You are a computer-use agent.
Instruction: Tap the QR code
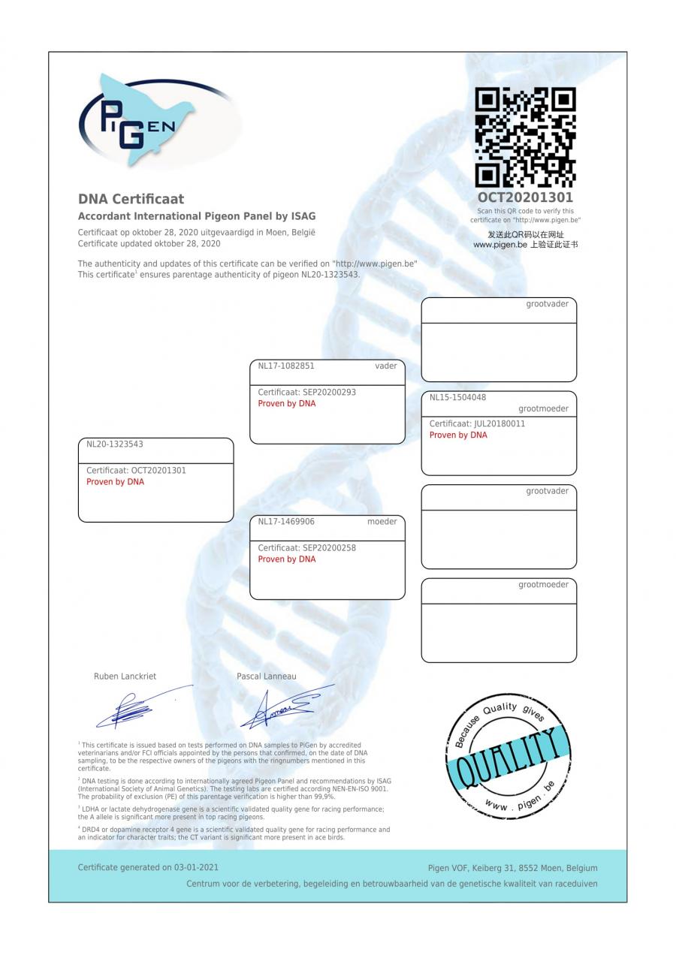(x=525, y=137)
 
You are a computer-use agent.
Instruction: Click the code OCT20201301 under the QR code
(x=525, y=197)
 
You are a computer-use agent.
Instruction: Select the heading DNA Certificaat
(x=131, y=199)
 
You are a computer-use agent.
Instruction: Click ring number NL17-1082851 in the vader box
(x=286, y=366)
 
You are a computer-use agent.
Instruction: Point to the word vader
(x=385, y=366)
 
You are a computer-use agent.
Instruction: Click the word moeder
(x=382, y=522)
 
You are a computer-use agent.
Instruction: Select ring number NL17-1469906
(x=286, y=522)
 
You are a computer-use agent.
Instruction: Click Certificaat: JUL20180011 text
(x=477, y=424)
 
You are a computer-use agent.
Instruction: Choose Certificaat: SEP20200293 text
(x=306, y=393)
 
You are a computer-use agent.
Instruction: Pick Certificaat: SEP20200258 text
(x=306, y=548)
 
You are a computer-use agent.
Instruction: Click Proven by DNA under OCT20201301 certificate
(x=115, y=482)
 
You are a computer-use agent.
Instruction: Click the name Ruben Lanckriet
(x=125, y=676)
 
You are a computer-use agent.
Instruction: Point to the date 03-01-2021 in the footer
(x=196, y=868)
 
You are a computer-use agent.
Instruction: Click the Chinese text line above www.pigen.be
(x=525, y=235)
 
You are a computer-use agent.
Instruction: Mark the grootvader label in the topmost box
(x=547, y=304)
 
